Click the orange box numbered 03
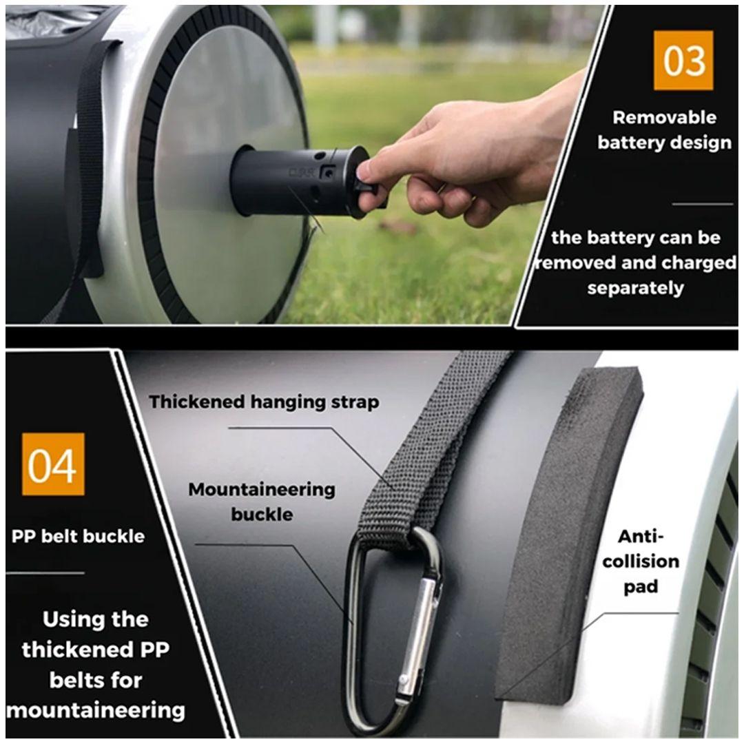click(683, 60)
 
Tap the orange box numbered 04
click(52, 464)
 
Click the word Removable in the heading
click(664, 118)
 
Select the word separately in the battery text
click(635, 288)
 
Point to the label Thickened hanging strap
click(265, 402)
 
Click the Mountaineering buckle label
click(262, 502)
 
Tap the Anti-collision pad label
click(641, 561)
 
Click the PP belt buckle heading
click(78, 536)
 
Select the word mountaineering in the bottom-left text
click(96, 710)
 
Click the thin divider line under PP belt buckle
click(45, 573)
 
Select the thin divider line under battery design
click(703, 205)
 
